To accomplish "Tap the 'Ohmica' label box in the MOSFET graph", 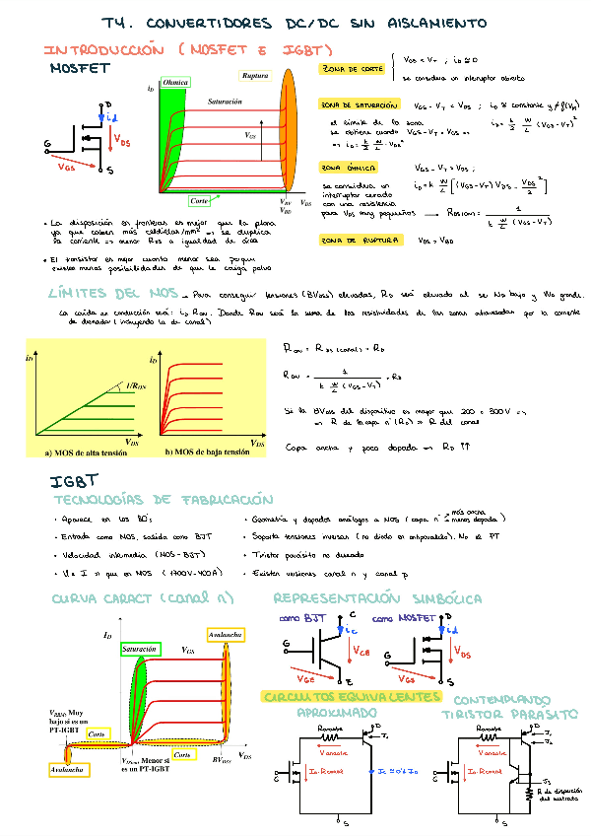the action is (x=175, y=83).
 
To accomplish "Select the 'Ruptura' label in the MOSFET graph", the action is (x=254, y=76).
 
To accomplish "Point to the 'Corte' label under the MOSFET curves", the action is (x=199, y=201).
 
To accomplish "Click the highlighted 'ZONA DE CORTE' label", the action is (x=352, y=69).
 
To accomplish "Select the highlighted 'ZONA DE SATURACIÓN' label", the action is (x=360, y=104).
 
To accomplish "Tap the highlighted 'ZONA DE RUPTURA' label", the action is (x=360, y=240).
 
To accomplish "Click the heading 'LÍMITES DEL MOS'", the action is (x=112, y=293).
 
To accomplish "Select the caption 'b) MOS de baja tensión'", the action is (x=207, y=452).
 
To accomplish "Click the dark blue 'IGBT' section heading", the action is (x=75, y=481).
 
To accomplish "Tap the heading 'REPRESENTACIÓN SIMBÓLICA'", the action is (x=376, y=598).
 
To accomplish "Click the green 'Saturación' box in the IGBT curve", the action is (x=139, y=650).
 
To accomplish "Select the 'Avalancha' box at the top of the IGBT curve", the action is (x=227, y=633).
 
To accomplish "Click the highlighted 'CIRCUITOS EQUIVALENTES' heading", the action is (x=351, y=697).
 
